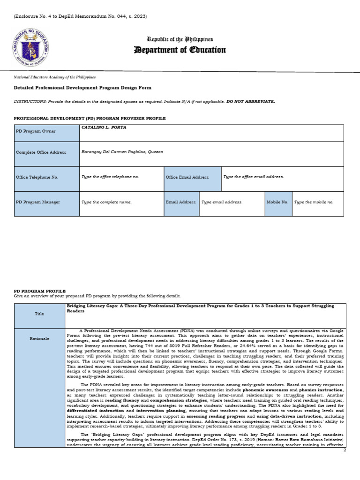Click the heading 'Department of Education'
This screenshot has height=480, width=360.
180,50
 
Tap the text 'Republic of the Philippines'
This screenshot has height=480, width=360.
180,39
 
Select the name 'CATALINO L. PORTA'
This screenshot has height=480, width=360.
104,127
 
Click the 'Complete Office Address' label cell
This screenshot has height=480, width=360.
46,153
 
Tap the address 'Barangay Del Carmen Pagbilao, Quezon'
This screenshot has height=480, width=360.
122,152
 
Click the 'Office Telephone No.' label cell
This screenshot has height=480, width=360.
46,178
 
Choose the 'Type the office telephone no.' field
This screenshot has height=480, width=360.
110,177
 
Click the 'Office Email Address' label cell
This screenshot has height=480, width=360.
192,178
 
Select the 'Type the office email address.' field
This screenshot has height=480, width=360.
254,177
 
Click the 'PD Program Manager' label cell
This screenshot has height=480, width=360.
46,202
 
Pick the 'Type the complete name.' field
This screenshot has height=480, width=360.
106,202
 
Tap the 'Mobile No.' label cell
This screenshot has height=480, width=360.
278,202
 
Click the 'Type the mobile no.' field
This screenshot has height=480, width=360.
314,202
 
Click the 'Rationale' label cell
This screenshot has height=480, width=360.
39,338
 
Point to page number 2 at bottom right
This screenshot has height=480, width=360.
345,450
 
